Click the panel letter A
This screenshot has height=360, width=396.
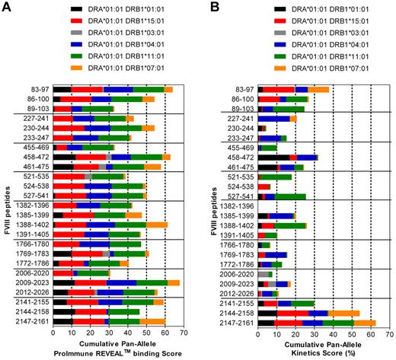(7, 8)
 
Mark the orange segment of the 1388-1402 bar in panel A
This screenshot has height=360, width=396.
(157, 225)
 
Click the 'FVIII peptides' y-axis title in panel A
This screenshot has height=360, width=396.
(7, 205)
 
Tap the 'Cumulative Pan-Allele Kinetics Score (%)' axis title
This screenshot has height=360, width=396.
(316, 349)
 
